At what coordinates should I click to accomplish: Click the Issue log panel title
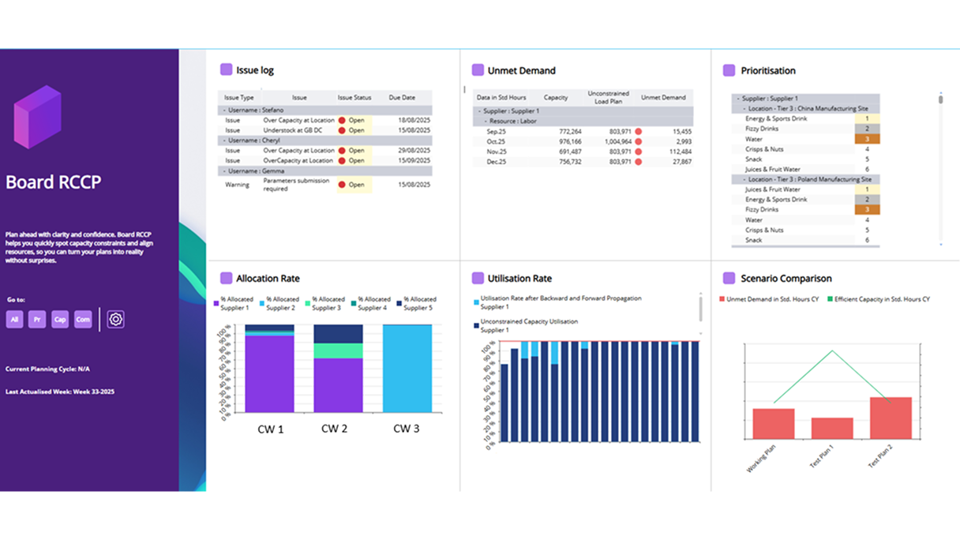(x=254, y=70)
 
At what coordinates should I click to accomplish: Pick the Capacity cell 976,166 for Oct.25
(x=565, y=141)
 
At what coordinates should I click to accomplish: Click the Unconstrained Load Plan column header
(x=608, y=97)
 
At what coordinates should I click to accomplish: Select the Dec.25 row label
(x=497, y=162)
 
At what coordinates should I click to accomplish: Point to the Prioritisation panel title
(x=767, y=70)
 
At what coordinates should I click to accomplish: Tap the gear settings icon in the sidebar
(x=116, y=319)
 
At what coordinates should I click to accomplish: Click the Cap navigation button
(x=60, y=320)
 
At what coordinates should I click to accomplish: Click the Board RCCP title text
(x=54, y=182)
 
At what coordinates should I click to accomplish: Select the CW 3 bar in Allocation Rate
(x=407, y=369)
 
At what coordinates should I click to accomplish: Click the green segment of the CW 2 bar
(x=338, y=351)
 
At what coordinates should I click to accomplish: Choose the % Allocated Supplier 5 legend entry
(x=419, y=303)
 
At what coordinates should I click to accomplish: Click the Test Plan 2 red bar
(x=891, y=418)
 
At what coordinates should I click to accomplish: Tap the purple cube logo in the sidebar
(x=37, y=117)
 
